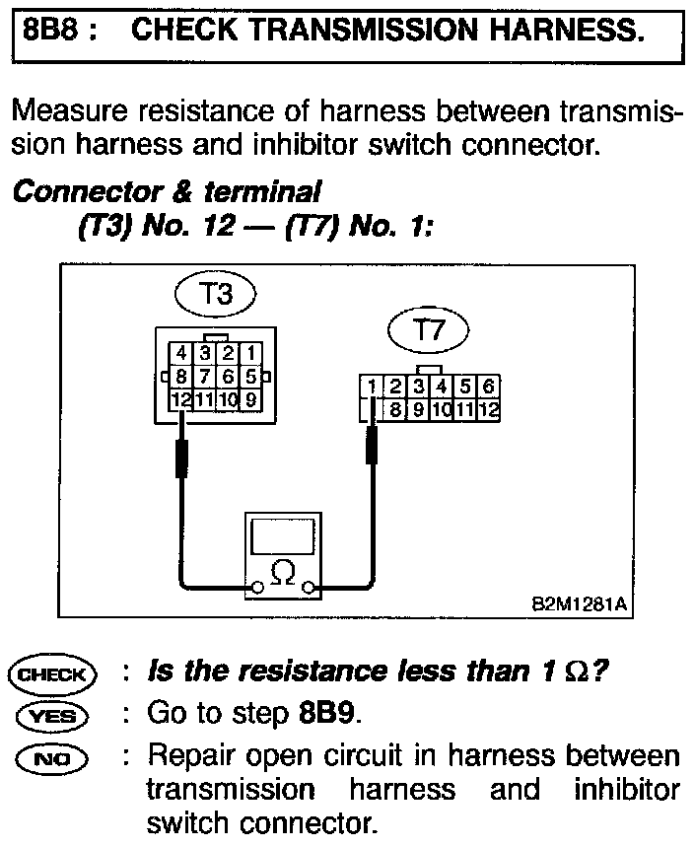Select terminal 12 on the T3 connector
click(181, 399)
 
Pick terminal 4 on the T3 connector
click(182, 352)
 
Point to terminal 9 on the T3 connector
click(250, 399)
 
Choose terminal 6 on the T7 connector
click(488, 387)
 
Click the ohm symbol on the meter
click(282, 571)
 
